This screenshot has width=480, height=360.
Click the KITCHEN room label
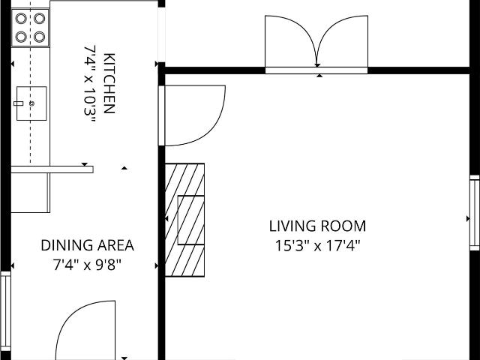(109, 83)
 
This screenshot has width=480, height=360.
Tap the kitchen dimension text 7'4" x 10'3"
(90, 85)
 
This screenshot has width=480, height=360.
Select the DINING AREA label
(87, 245)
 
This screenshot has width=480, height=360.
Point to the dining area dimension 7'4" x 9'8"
(87, 265)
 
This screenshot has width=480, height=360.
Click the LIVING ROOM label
(317, 226)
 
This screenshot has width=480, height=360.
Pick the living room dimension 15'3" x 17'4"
(317, 245)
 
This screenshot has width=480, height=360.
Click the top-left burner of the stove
(21, 18)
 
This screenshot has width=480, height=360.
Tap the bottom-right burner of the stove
(40, 37)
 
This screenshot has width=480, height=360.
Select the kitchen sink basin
(31, 103)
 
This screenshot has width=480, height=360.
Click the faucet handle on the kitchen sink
(18, 103)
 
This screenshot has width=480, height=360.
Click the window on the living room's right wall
(475, 213)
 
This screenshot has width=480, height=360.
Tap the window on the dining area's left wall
(5, 311)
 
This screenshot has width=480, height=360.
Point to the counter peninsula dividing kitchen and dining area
(52, 169)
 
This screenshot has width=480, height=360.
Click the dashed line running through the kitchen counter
(30, 82)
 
